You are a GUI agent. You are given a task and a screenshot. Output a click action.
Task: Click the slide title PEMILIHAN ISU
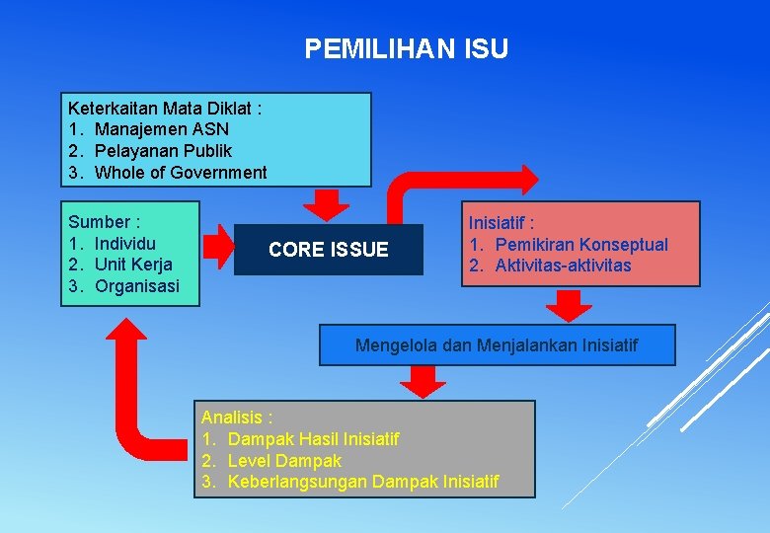[407, 49]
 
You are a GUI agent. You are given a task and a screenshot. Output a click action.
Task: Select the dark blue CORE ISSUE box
[329, 250]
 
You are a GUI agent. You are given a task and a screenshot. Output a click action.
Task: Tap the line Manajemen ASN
[162, 129]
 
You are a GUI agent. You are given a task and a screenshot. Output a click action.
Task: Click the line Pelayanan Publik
[163, 151]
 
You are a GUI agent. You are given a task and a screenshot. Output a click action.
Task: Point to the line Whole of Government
[181, 173]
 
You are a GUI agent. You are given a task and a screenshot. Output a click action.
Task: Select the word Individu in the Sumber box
[125, 243]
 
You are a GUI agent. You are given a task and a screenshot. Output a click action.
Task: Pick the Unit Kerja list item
[133, 265]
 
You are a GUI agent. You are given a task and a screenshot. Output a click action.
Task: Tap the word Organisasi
[137, 286]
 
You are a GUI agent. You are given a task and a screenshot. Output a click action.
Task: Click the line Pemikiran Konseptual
[581, 244]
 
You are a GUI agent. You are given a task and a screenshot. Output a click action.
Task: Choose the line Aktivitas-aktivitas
[563, 266]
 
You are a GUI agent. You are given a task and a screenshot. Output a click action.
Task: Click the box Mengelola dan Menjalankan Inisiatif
[497, 345]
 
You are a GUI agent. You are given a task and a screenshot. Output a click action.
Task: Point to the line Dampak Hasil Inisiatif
[313, 438]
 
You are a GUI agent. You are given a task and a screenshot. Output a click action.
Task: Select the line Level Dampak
[284, 460]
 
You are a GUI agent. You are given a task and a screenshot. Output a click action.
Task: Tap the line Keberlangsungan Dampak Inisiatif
[363, 482]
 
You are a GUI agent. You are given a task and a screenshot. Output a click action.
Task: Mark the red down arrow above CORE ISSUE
[326, 204]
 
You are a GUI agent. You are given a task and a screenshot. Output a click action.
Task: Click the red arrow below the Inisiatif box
[569, 305]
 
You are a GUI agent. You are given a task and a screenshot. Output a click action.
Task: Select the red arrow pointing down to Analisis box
[423, 381]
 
